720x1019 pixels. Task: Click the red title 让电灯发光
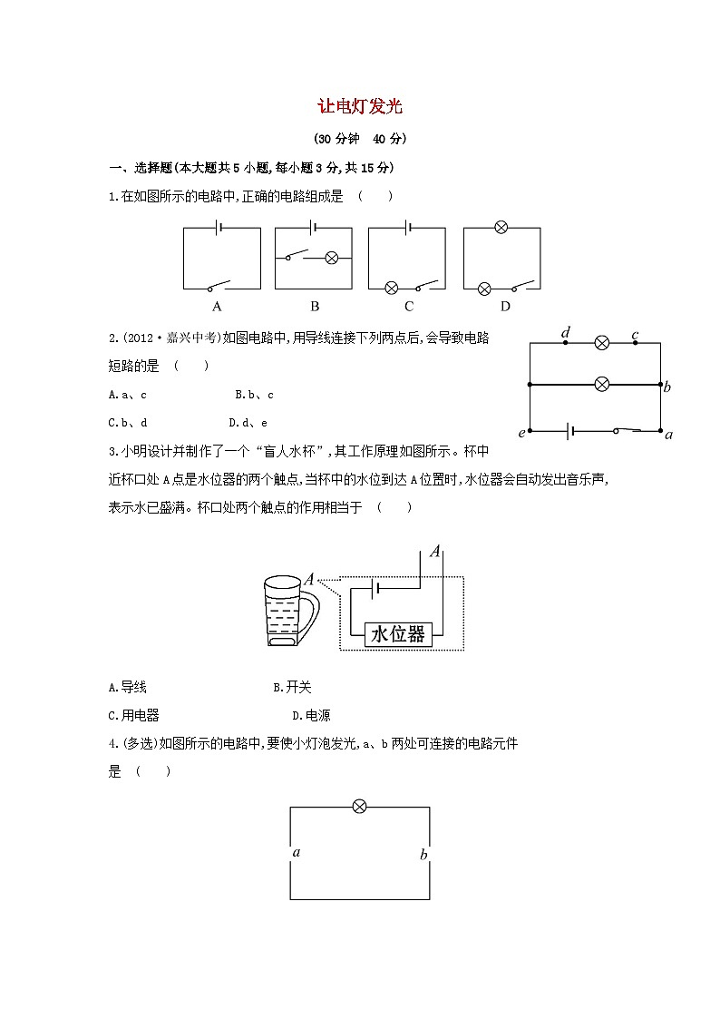click(359, 106)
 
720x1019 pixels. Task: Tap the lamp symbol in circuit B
click(331, 258)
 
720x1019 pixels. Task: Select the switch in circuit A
click(218, 284)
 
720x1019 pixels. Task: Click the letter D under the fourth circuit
click(505, 306)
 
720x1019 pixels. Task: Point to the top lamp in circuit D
click(501, 228)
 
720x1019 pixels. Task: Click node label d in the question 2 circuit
click(566, 334)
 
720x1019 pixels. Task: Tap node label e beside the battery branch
click(521, 433)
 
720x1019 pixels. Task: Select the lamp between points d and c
click(600, 343)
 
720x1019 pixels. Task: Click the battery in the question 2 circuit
click(571, 430)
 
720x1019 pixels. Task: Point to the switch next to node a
click(629, 429)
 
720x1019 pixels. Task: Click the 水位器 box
click(397, 634)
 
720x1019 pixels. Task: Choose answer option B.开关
click(292, 688)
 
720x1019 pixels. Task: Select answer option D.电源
click(292, 715)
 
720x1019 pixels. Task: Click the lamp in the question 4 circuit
click(359, 807)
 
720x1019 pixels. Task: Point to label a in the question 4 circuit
click(297, 852)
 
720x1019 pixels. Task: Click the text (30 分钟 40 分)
click(359, 139)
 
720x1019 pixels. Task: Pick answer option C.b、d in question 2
click(128, 422)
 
